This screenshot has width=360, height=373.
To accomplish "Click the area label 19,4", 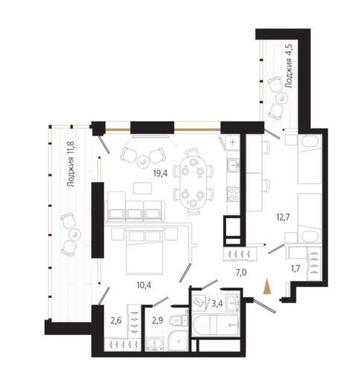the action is coord(161,173).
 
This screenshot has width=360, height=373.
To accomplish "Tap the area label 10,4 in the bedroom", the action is coord(144,285).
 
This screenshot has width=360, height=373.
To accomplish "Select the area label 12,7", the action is coord(283,217).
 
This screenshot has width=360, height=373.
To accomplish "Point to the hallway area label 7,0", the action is coord(241,272).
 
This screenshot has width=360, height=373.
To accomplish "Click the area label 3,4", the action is coord(216,304).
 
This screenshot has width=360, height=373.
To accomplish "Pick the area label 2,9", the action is coord(158,321).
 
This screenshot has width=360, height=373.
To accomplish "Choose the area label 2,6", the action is coord(116,321).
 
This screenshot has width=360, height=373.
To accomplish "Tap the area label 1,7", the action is coord(295,268).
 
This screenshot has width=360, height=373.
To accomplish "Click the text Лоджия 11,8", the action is coord(71,164).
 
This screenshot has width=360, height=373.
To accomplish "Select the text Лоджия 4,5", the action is coord(289,66).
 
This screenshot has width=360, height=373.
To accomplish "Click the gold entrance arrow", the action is coord(267,287).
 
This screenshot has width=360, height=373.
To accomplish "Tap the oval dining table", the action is coord(193,182).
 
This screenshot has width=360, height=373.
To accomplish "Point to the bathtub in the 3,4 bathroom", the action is coord(216,325).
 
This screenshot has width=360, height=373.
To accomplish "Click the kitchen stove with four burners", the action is coord(234,194).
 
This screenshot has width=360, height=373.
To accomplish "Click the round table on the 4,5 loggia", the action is coord(282,98).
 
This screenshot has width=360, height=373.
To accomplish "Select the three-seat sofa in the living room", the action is coord(136,210).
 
